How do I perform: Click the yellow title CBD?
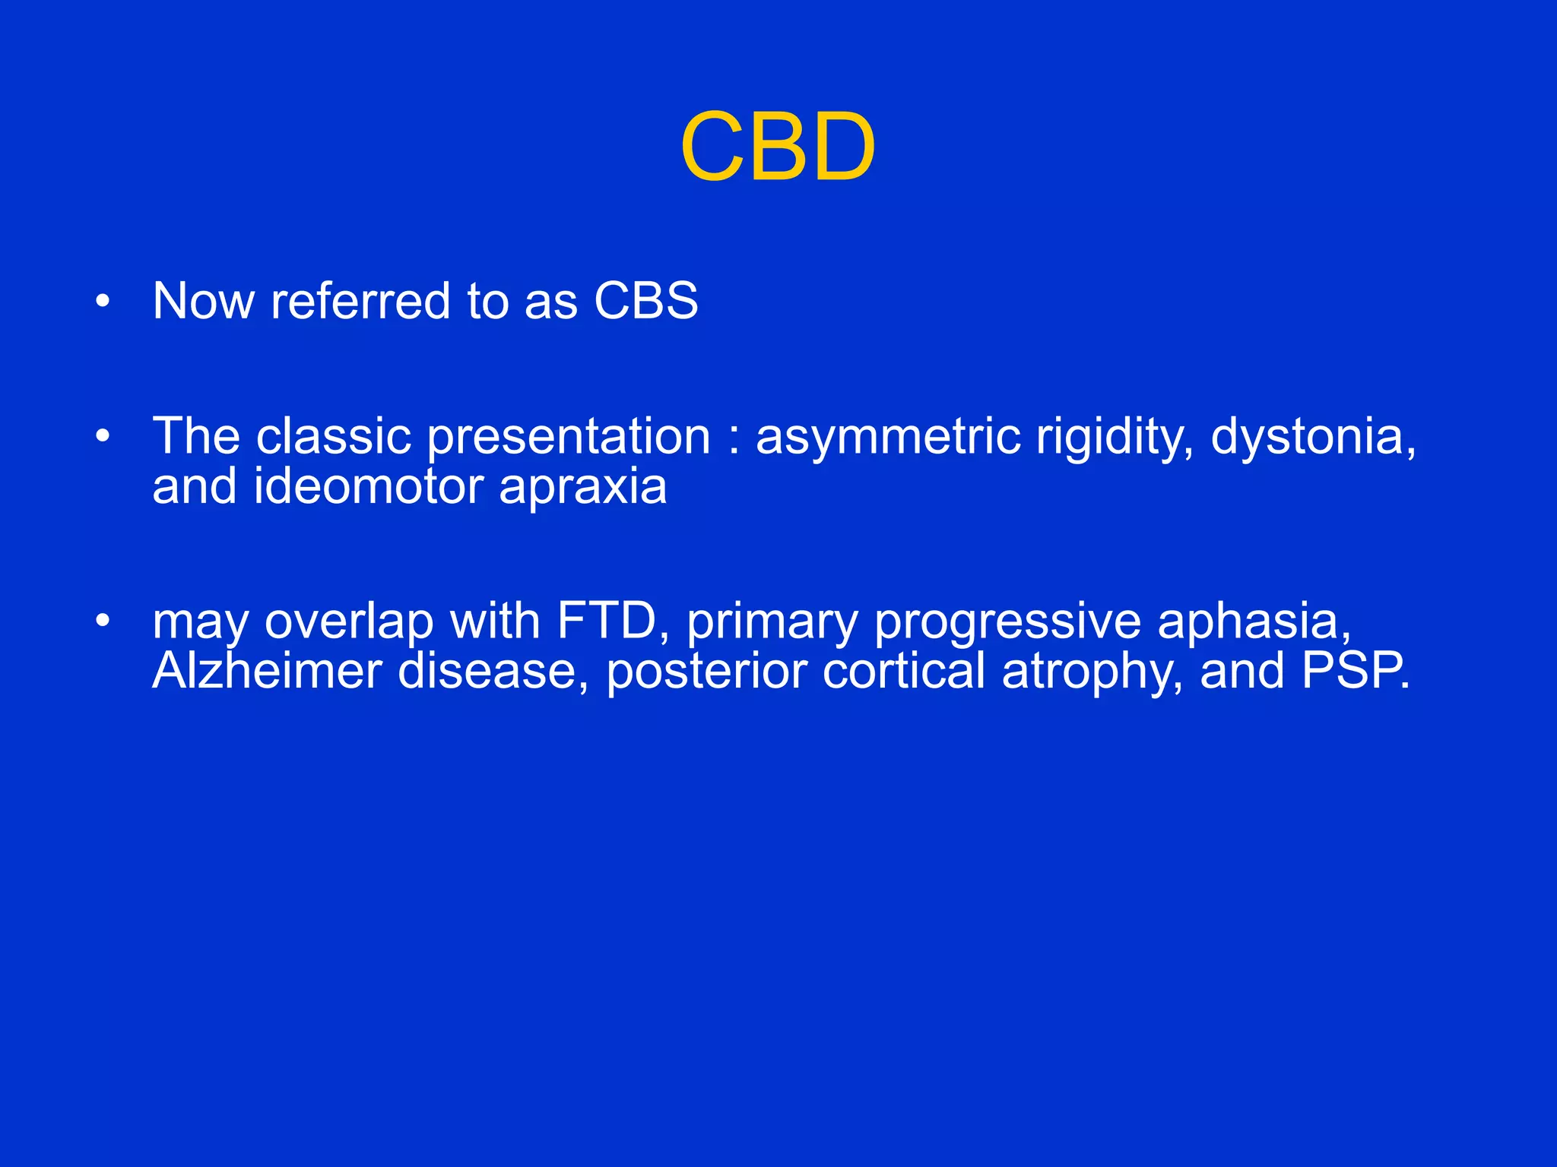coord(778,147)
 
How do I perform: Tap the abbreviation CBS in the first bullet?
coord(645,301)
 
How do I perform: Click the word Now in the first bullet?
coord(203,301)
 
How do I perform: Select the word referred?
coord(361,301)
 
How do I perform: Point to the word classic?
coord(334,437)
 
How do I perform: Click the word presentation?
coord(569,438)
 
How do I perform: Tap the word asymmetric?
coord(887,438)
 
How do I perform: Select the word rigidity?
coord(1115,438)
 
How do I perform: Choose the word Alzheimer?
coord(267,672)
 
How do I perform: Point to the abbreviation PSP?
coord(1354,672)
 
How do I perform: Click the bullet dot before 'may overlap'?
coord(103,622)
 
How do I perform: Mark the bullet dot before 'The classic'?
coord(103,437)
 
